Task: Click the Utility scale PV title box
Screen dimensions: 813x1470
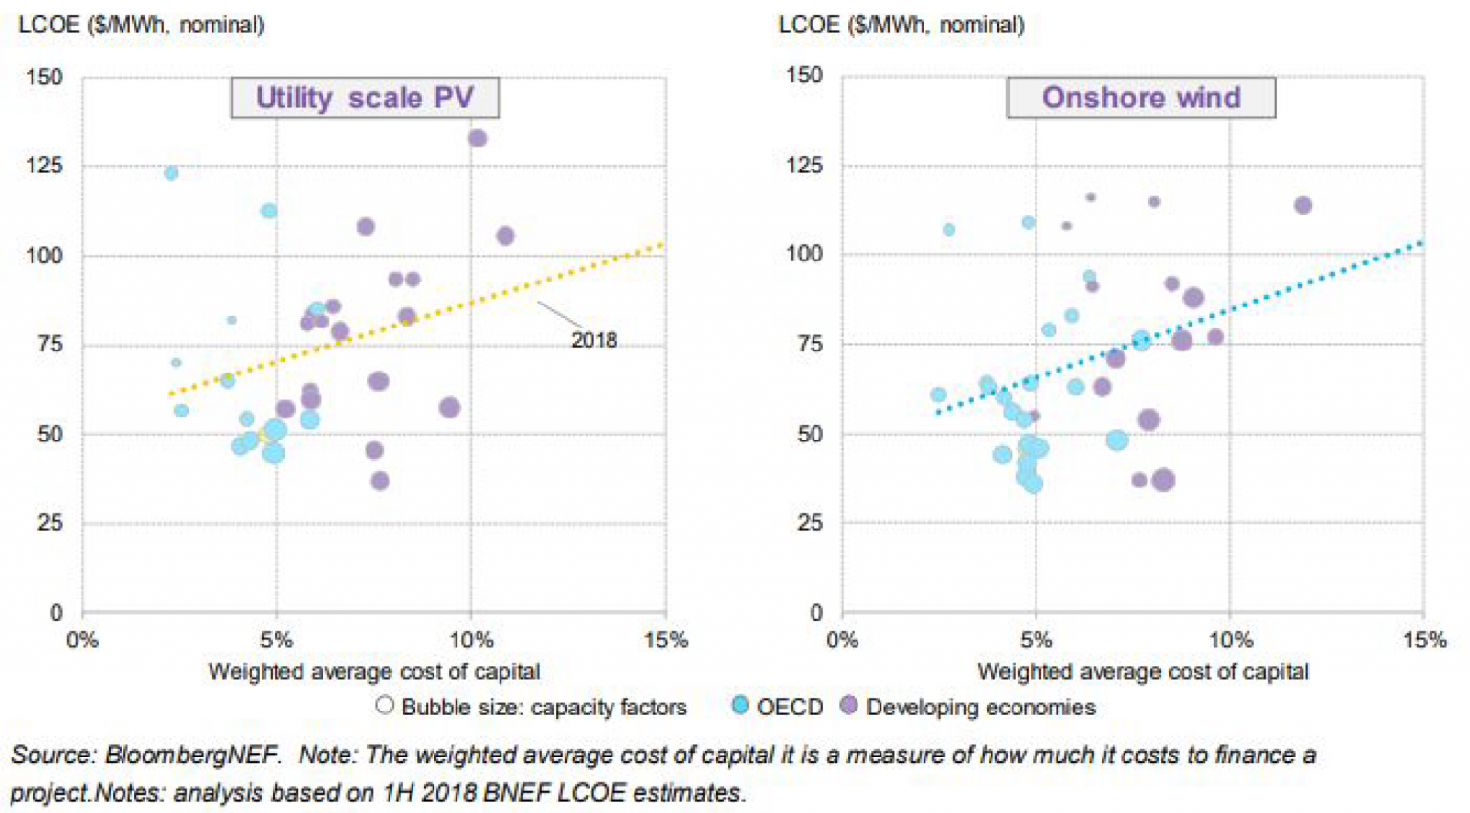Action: point(365,98)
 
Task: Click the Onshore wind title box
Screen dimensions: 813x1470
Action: point(1141,98)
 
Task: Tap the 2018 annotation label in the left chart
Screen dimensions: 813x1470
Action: point(593,340)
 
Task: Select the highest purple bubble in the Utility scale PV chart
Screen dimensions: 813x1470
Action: point(478,138)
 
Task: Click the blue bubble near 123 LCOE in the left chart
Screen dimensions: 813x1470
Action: point(170,172)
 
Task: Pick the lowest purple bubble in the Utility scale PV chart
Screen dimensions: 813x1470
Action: point(380,481)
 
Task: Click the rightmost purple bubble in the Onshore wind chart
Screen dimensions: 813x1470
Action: point(1303,205)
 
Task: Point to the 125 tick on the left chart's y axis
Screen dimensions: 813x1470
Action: point(44,166)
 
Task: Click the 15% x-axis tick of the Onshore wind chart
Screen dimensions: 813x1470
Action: point(1424,641)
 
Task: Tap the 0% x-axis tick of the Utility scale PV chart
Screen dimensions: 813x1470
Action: point(82,641)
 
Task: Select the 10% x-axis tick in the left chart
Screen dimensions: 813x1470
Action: point(471,641)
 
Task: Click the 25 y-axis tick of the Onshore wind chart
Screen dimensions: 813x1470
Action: point(810,523)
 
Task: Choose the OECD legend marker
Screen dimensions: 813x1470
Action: point(740,706)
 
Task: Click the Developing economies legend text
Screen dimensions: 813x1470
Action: point(980,708)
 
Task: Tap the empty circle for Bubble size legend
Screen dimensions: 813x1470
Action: point(385,706)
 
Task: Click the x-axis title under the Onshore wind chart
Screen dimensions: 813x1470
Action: point(1142,672)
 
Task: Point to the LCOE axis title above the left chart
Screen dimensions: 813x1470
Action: point(141,25)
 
